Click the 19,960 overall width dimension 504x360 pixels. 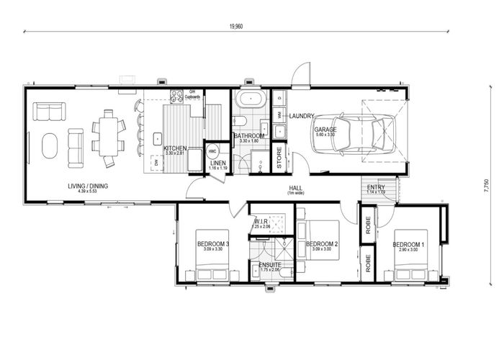pyautogui.click(x=235, y=25)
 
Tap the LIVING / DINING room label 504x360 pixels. pyautogui.click(x=88, y=186)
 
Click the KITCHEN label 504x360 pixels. pyautogui.click(x=175, y=148)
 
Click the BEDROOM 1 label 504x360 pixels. pyautogui.click(x=409, y=245)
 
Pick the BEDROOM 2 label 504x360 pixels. pyautogui.click(x=322, y=244)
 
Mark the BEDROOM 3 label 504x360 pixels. pyautogui.click(x=212, y=244)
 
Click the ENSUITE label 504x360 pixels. pyautogui.click(x=270, y=265)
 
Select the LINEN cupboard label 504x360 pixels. pyautogui.click(x=218, y=163)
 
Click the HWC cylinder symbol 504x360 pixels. pyautogui.click(x=212, y=151)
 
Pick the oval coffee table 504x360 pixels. pyautogui.click(x=49, y=146)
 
